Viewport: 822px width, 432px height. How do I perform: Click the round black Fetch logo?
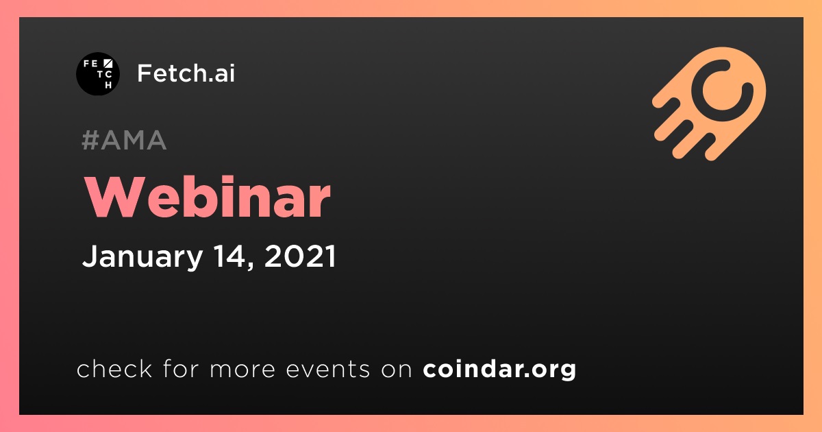coord(97,74)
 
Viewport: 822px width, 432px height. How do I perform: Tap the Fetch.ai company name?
coord(186,73)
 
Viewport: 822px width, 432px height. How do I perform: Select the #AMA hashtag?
coord(124,140)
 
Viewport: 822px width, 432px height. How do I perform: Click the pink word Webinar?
coord(208,197)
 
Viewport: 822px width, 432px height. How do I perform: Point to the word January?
coord(142,257)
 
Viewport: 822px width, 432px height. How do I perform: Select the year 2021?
coord(300,256)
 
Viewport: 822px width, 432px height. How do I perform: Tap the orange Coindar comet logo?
coord(710,104)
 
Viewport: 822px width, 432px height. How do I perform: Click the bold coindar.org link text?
coord(499,369)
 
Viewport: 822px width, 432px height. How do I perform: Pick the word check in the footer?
coord(114,368)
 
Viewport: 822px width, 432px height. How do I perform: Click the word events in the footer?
coord(328,369)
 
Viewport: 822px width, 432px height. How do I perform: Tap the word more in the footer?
coord(242,370)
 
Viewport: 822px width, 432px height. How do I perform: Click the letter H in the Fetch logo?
coord(108,85)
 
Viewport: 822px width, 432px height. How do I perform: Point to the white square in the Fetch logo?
coord(108,64)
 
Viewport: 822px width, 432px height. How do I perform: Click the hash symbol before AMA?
coord(90,140)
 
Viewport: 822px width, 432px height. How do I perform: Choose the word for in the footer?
coord(181,368)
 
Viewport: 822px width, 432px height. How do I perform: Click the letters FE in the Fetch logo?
coord(90,64)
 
